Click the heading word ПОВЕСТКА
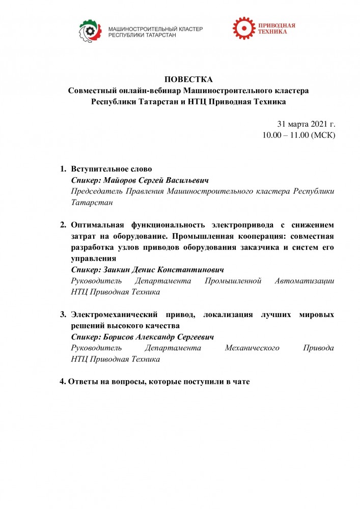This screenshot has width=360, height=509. pos(188,79)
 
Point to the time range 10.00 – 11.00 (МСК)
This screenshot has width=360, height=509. pos(299,135)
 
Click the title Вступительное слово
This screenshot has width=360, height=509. pos(112,169)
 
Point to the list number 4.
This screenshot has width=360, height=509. pos(63,381)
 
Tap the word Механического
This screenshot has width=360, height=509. pos(253,348)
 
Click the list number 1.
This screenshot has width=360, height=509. pos(63,169)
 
